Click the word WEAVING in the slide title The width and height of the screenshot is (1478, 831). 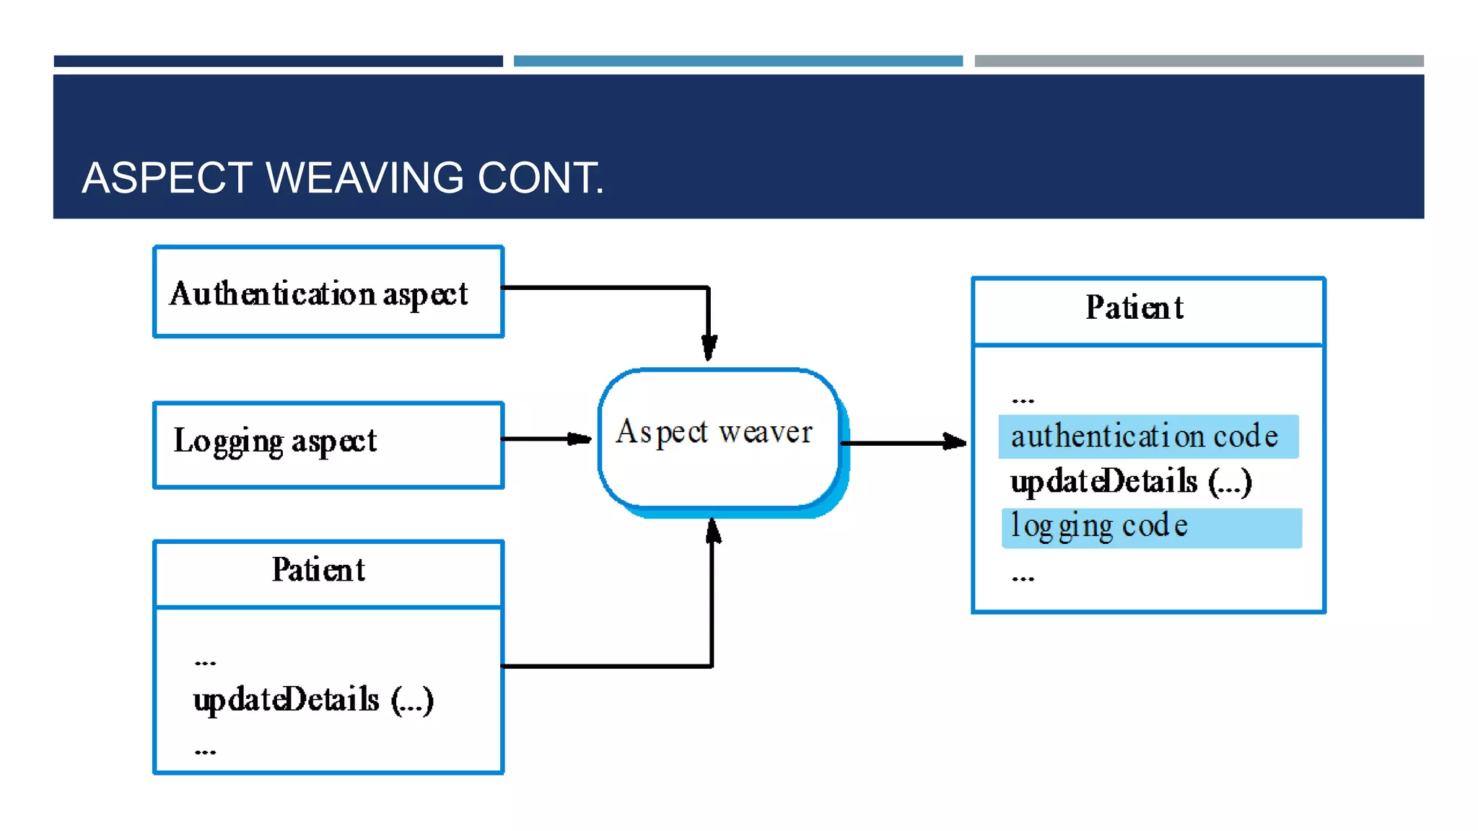pos(364,177)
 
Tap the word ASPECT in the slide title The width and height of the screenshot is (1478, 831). pos(167,177)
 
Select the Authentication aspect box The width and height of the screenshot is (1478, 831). pos(328,292)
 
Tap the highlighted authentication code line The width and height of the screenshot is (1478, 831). pos(1148,436)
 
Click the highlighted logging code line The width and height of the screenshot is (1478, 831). pos(1151,527)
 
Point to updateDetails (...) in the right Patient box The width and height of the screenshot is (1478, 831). pos(1131,482)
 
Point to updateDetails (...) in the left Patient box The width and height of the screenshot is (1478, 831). pos(313,700)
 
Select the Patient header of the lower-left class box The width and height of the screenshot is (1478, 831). pos(318,571)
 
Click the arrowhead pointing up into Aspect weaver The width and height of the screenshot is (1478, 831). pos(713,531)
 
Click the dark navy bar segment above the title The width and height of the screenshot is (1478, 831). pos(278,61)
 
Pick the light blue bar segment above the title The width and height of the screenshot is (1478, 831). pos(738,61)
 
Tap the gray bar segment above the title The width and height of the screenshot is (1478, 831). pos(1199,61)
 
